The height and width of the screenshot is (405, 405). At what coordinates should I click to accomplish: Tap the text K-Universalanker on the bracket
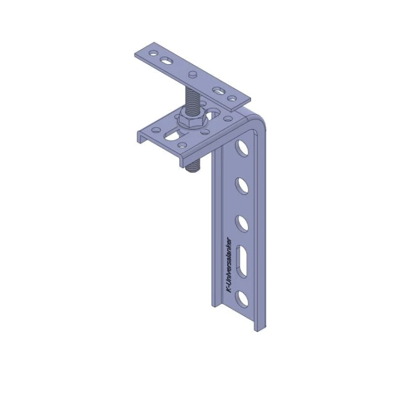click(229, 266)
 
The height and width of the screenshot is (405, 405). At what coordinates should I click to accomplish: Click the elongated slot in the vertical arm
click(242, 261)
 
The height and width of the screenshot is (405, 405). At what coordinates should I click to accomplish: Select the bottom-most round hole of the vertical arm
click(242, 300)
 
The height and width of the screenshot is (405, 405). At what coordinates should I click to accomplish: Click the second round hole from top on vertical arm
click(242, 186)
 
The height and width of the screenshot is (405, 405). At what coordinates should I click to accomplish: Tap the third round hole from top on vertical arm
click(242, 224)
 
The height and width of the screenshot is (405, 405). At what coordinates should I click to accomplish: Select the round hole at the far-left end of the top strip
click(153, 53)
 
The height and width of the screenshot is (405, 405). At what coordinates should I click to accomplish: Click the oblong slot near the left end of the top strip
click(167, 61)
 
